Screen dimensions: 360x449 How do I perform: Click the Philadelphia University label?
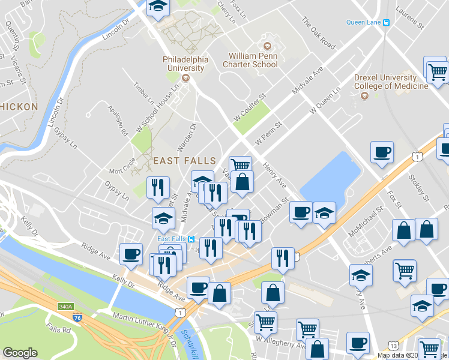pos(185,64)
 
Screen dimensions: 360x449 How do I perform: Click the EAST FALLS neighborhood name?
pos(184,161)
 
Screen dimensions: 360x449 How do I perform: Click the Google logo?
pos(20,352)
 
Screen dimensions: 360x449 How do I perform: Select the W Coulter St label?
pos(250,105)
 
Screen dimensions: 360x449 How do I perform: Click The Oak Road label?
pos(318,32)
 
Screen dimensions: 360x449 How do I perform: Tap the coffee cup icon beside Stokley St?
pos(382,152)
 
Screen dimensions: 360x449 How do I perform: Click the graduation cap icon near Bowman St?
pos(324,213)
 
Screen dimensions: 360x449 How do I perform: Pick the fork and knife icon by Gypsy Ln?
pos(158,187)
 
